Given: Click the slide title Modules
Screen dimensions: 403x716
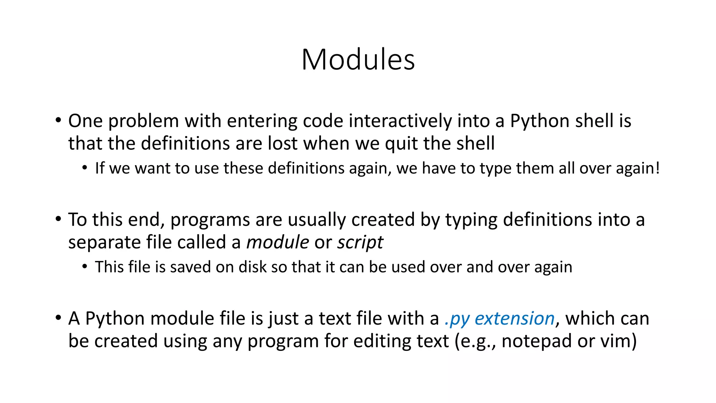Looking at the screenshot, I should click(358, 59).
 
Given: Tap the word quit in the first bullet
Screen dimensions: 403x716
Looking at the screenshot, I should click(401, 144).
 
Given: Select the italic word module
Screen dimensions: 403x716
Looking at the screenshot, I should click(278, 242).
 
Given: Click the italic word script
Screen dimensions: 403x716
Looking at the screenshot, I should click(360, 242).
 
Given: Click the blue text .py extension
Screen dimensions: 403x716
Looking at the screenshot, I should click(500, 319).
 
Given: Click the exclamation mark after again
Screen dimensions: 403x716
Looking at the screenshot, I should click(658, 168).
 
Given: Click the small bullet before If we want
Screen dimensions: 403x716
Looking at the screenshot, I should click(85, 168).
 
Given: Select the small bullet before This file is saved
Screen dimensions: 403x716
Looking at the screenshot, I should click(85, 267).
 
